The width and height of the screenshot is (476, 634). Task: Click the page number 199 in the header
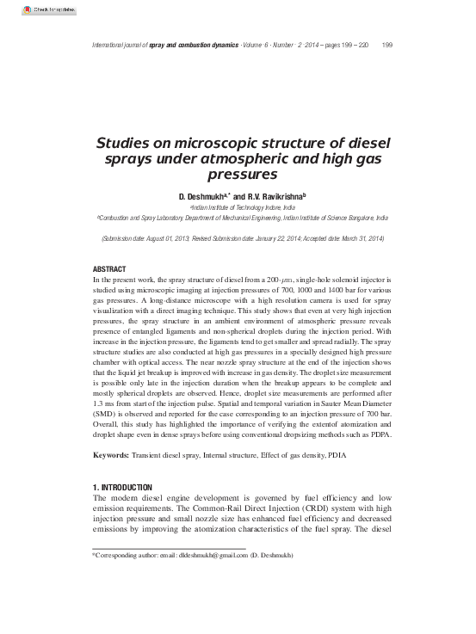(x=386, y=45)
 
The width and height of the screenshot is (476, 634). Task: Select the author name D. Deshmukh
(x=204, y=196)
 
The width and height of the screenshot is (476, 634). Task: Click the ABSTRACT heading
(x=108, y=270)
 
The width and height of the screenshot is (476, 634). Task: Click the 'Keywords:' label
(x=111, y=454)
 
